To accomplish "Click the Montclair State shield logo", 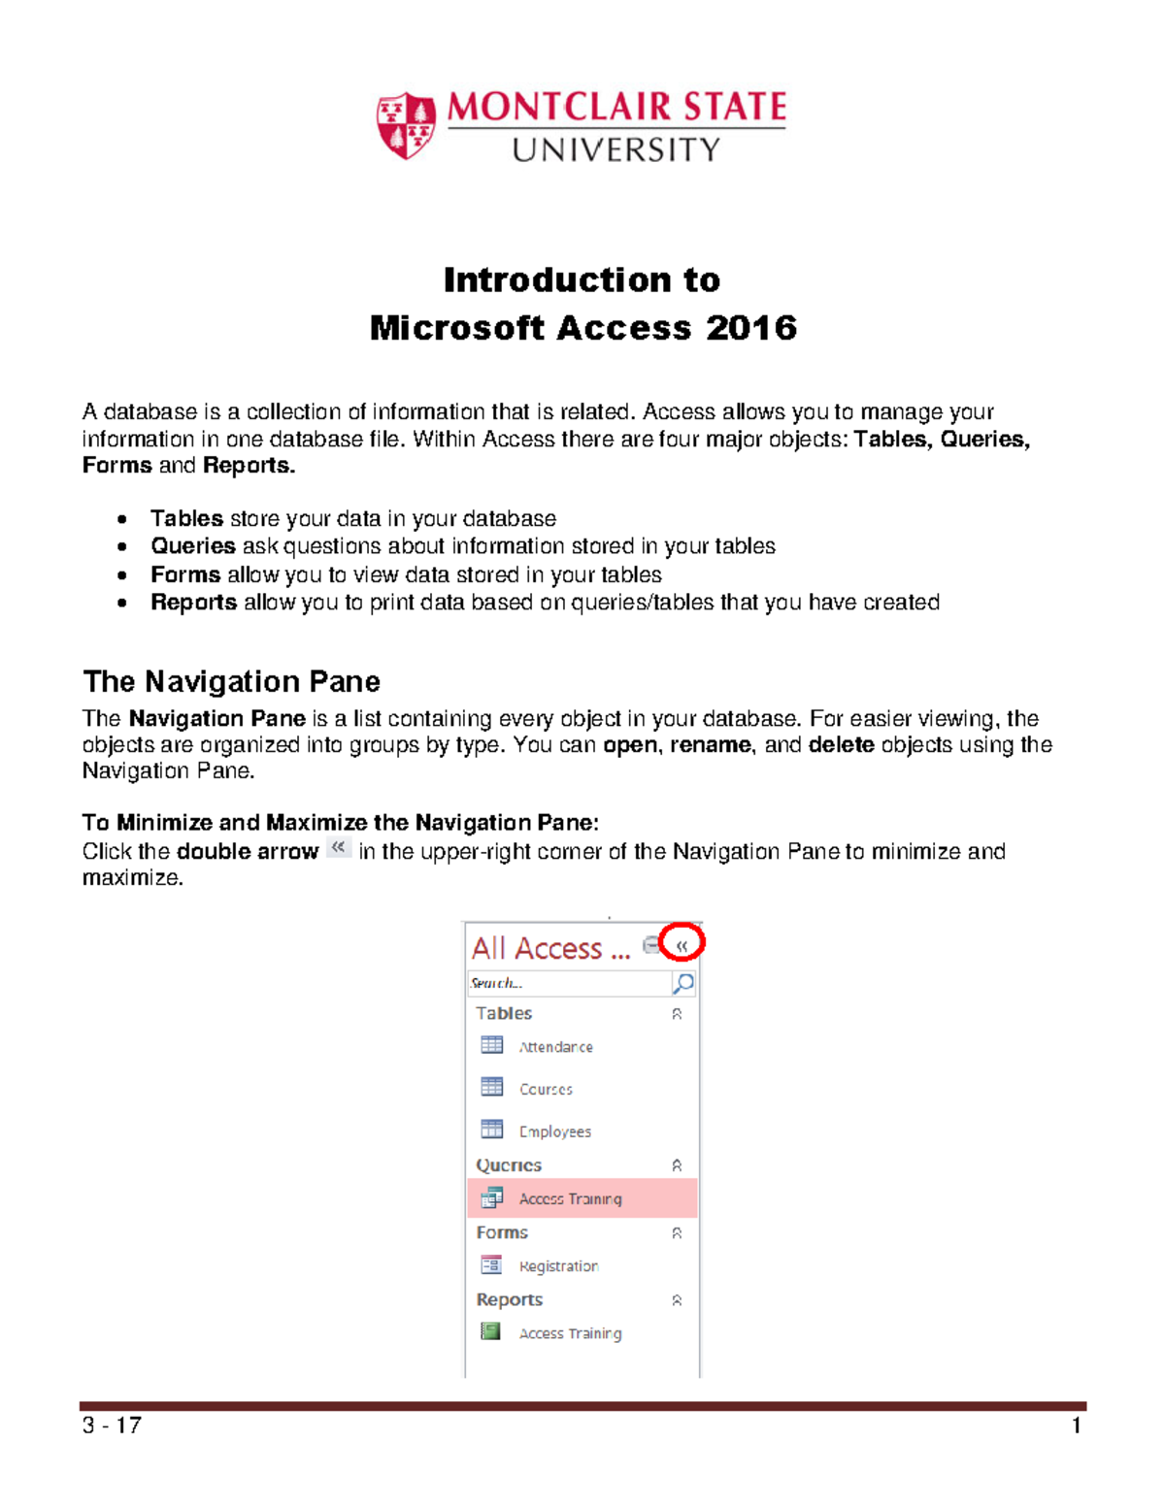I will (x=405, y=125).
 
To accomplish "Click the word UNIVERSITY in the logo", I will (x=616, y=149).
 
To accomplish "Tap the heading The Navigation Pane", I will (x=231, y=681).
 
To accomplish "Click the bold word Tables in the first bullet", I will (x=186, y=518).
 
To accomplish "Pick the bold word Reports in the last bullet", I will (x=193, y=603).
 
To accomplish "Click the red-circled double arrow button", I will (x=682, y=944).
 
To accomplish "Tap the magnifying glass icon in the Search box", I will (x=683, y=983).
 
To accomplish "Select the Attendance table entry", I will (x=555, y=1047).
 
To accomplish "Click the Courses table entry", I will (x=546, y=1090).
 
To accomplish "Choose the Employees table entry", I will (x=554, y=1131).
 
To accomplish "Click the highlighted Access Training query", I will (x=570, y=1199).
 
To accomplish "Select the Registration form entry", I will (x=558, y=1266).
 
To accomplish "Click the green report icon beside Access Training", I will (x=491, y=1331).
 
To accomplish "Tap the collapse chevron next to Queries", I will (x=677, y=1165).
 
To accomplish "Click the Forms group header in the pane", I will (x=502, y=1232).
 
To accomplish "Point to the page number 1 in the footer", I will (x=1076, y=1425).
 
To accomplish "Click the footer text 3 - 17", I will (x=112, y=1425).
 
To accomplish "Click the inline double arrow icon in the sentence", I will (x=338, y=848).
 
